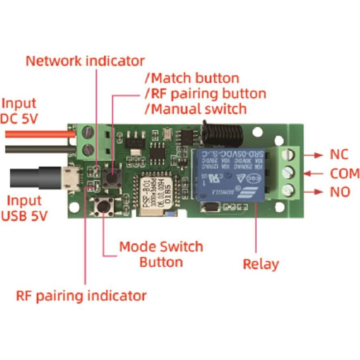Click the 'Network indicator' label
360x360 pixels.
point(85,61)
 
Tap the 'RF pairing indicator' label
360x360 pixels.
point(81,295)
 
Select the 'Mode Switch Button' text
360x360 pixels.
point(161,254)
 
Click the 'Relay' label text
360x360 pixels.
point(261,264)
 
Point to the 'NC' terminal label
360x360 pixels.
point(339,155)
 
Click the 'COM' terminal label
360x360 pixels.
point(345,174)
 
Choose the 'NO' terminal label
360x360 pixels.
point(340,192)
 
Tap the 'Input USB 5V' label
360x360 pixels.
point(24,208)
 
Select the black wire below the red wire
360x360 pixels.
point(36,149)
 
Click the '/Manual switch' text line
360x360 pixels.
point(195,109)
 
